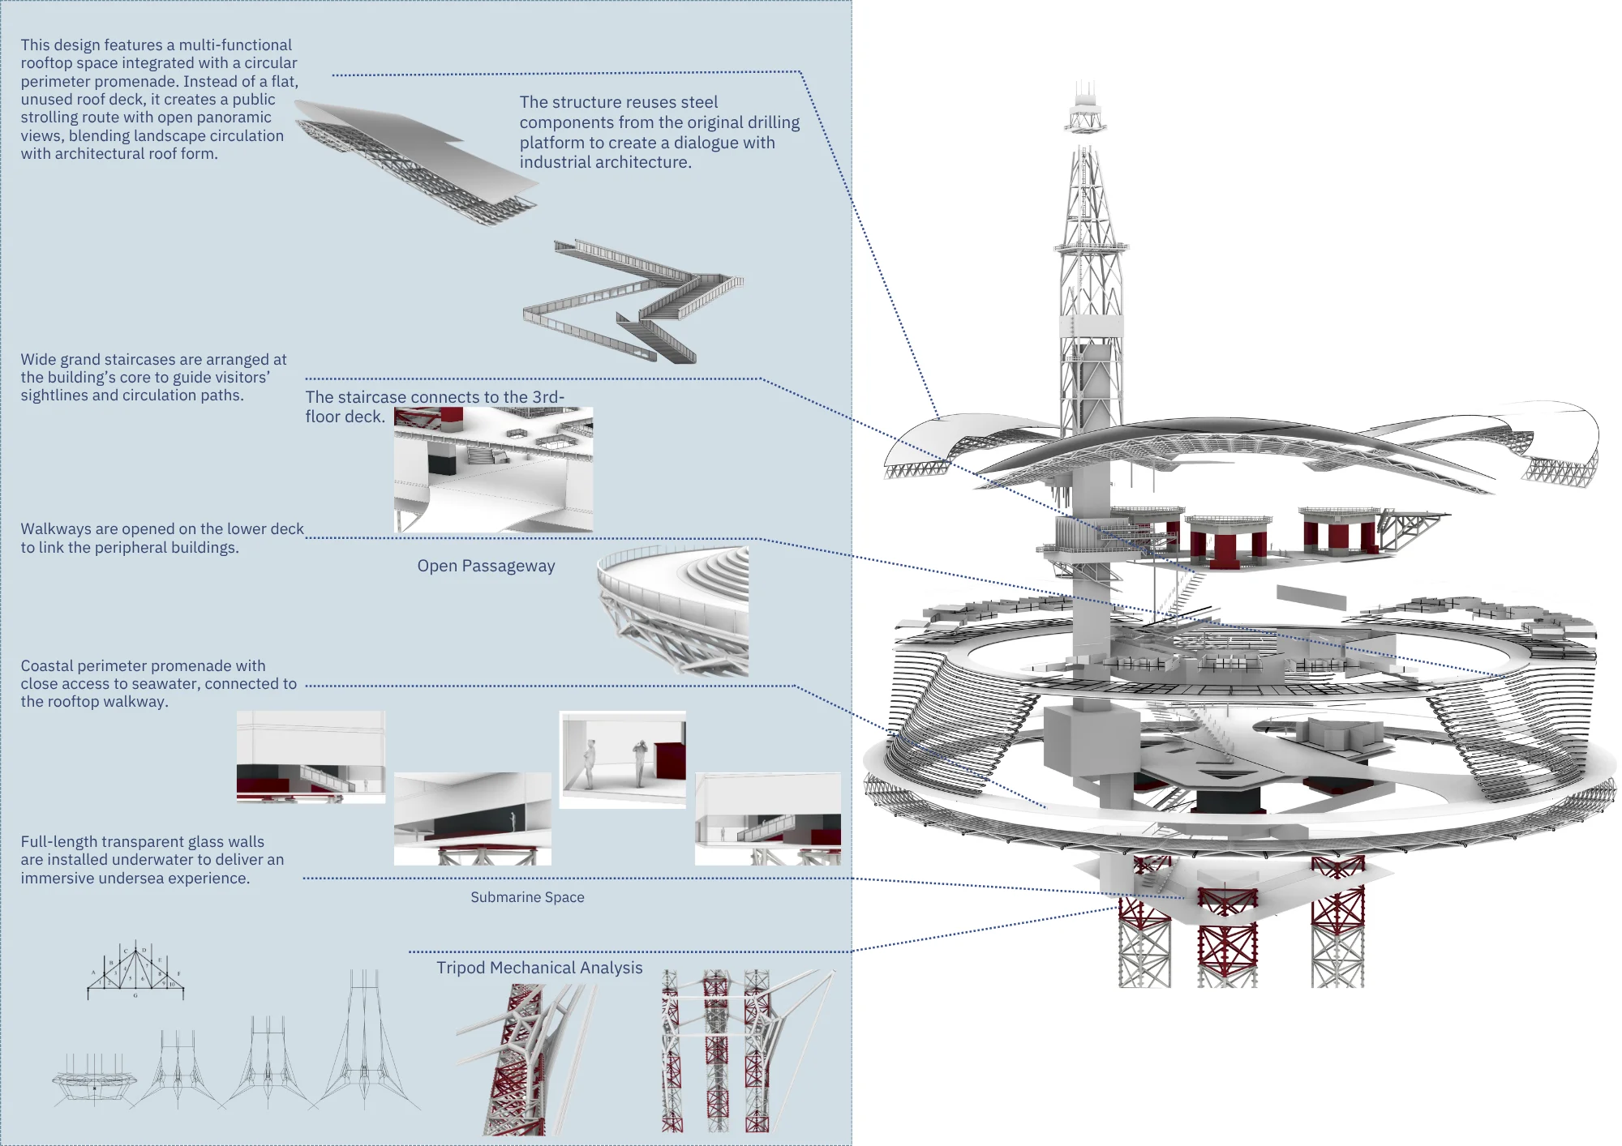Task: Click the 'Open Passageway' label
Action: pyautogui.click(x=486, y=566)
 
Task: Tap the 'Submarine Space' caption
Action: pyautogui.click(x=527, y=897)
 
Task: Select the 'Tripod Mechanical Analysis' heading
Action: pyautogui.click(x=539, y=968)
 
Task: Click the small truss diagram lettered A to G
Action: pyautogui.click(x=135, y=970)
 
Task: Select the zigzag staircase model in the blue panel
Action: pyautogui.click(x=633, y=300)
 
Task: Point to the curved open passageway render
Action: pyautogui.click(x=673, y=611)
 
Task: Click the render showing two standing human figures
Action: pyautogui.click(x=623, y=759)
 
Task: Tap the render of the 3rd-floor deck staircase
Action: pyautogui.click(x=493, y=470)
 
